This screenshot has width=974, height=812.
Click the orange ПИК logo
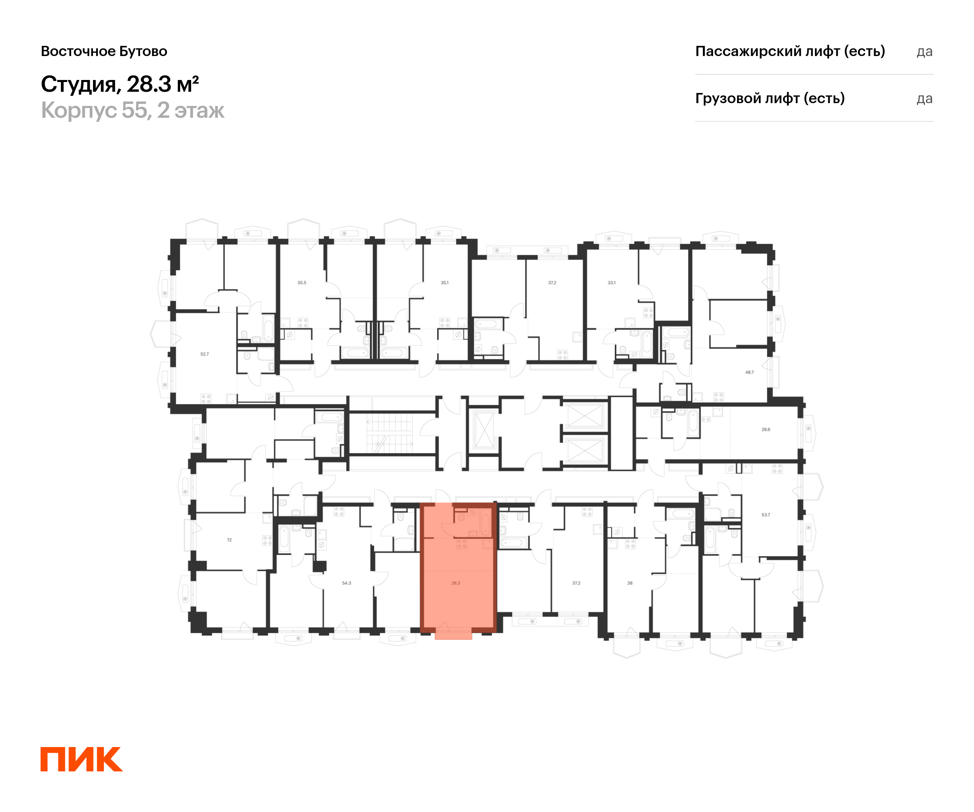(82, 759)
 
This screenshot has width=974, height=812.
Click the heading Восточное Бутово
(104, 52)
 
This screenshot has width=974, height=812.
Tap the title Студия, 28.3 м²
(120, 84)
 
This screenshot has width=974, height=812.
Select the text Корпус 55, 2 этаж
(133, 110)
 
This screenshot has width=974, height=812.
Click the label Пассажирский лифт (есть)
(790, 51)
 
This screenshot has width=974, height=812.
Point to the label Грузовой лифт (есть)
(769, 98)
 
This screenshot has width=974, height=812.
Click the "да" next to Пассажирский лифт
(924, 52)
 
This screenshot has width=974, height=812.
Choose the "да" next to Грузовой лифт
(924, 99)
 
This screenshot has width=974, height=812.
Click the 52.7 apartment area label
(205, 354)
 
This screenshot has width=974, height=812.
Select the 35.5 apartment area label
(302, 283)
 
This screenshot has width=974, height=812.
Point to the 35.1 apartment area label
(444, 283)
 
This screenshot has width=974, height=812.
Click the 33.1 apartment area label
(611, 283)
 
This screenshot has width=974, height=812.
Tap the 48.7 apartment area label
(750, 372)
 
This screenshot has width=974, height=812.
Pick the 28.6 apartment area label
(766, 430)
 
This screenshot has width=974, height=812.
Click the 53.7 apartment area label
(765, 514)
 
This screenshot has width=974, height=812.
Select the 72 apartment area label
(229, 540)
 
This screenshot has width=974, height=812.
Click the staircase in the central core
(390, 433)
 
